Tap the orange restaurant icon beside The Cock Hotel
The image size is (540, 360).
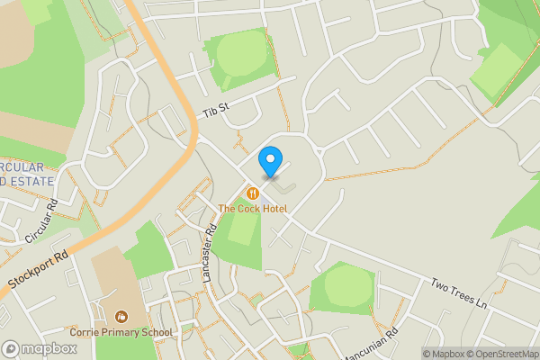tap(254, 193)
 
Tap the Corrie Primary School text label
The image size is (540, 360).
tap(121, 332)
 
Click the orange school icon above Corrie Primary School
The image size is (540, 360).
tap(121, 316)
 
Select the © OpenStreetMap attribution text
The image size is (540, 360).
tap(507, 354)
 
